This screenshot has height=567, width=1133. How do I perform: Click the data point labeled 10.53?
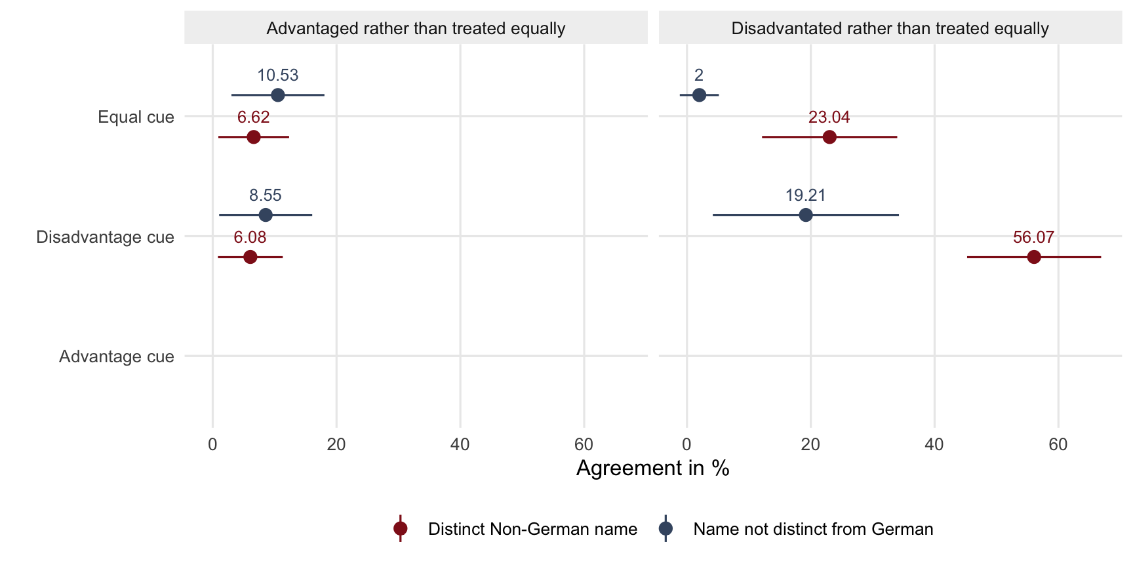(278, 95)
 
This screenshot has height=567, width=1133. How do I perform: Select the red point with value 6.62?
(254, 137)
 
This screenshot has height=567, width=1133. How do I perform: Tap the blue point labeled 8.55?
(266, 215)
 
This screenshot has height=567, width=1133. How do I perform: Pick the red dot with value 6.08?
(250, 257)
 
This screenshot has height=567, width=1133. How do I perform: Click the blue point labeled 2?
(700, 95)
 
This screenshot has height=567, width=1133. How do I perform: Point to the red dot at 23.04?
(829, 137)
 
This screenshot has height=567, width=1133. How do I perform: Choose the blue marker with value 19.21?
(806, 215)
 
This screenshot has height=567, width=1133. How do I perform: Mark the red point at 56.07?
(1034, 257)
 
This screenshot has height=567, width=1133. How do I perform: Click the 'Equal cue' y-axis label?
(136, 117)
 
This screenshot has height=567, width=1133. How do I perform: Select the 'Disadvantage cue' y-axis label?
(105, 237)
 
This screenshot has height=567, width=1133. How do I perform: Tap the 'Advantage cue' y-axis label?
(117, 356)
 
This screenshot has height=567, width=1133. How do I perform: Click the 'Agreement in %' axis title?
(653, 468)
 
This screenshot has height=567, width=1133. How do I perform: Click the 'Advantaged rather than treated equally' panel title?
(416, 29)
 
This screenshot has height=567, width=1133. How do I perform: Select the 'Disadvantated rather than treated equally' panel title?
(890, 29)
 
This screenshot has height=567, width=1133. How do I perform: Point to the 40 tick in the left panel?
(460, 444)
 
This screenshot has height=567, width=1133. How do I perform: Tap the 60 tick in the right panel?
(1058, 444)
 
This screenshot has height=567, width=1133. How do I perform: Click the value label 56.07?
(1033, 237)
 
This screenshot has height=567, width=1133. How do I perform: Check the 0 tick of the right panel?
(686, 444)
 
